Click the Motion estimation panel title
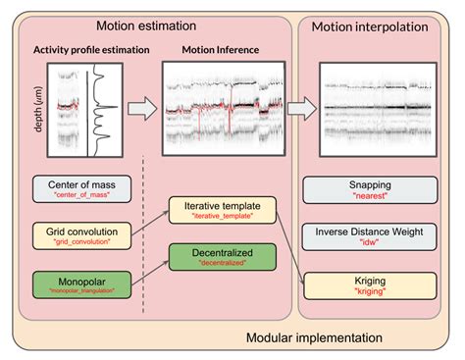pyautogui.click(x=147, y=25)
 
